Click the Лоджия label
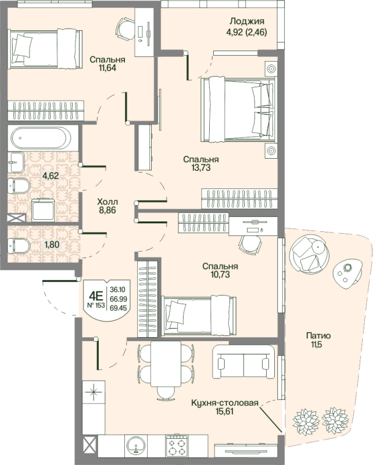click(247, 22)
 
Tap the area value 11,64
click(107, 68)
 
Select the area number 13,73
click(201, 167)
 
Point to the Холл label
click(107, 202)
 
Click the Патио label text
click(318, 336)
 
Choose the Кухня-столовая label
click(225, 403)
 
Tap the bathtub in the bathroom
click(41, 138)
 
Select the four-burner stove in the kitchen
click(177, 445)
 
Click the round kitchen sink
click(136, 445)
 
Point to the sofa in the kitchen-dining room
click(243, 362)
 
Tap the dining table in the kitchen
click(166, 364)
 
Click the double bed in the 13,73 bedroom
click(237, 109)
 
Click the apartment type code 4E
click(96, 295)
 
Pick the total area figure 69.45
click(119, 308)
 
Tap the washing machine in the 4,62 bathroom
click(43, 210)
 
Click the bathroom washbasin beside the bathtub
click(16, 162)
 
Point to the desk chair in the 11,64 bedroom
click(125, 28)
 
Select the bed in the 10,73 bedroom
click(199, 315)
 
